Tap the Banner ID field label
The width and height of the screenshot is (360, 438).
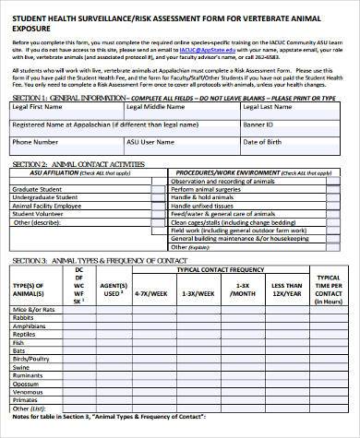pyautogui.click(x=258, y=124)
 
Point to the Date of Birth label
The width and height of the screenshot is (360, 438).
pyautogui.click(x=262, y=143)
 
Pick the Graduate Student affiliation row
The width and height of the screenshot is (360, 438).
pyautogui.click(x=36, y=189)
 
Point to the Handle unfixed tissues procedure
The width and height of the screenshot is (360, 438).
pyautogui.click(x=205, y=205)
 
